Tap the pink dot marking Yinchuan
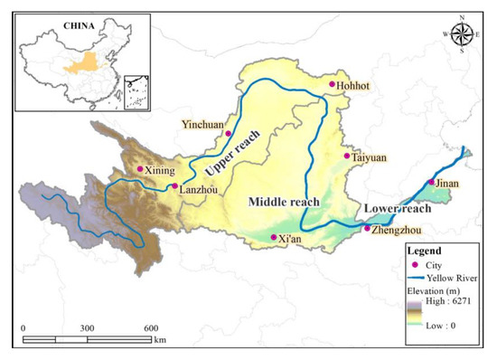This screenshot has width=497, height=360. (229, 134)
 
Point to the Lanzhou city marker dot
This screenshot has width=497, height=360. (174, 186)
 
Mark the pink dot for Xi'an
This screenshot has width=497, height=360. (274, 238)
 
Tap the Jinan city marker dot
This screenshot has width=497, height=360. (431, 184)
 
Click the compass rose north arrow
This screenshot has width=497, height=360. (461, 33)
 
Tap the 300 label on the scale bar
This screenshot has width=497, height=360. (87, 327)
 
